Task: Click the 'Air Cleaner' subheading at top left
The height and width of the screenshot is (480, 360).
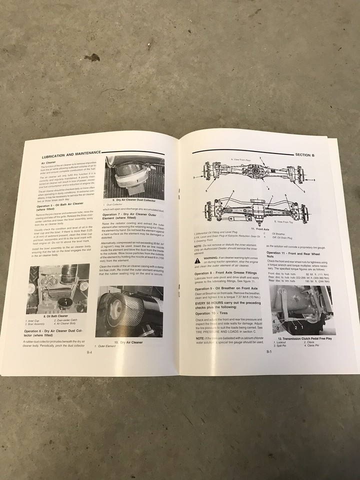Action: point(49,163)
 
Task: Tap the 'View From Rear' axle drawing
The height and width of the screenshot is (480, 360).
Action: point(253,175)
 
